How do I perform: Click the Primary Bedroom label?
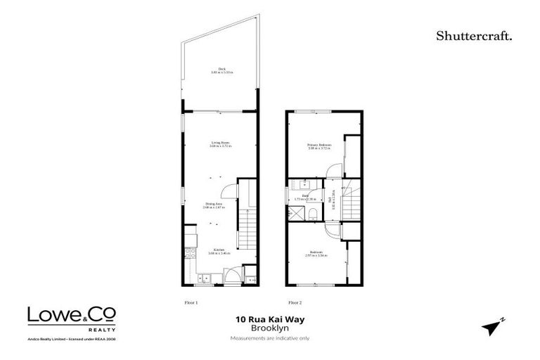pyautogui.click(x=319, y=146)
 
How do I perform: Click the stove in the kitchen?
pyautogui.click(x=188, y=254)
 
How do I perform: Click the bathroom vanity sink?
pyautogui.click(x=307, y=185)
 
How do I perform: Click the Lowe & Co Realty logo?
pyautogui.click(x=72, y=318)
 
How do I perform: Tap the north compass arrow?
pyautogui.click(x=494, y=326)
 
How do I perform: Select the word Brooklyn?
pyautogui.click(x=269, y=328)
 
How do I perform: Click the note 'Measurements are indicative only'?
pyautogui.click(x=269, y=338)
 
